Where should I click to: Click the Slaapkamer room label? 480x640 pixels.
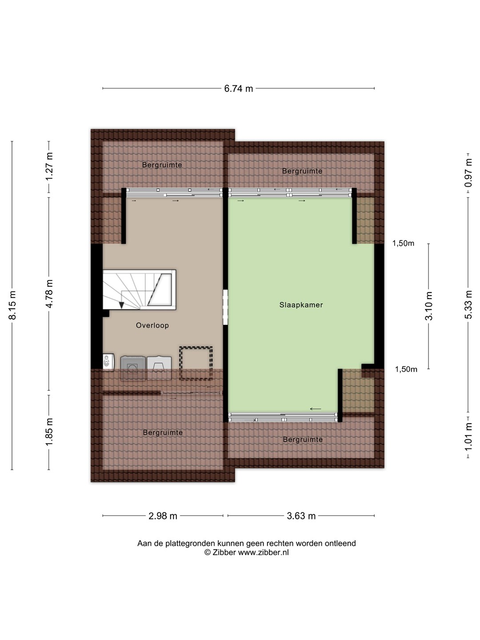(301, 305)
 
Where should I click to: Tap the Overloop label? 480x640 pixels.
(152, 325)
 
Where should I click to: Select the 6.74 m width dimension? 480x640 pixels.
(238, 88)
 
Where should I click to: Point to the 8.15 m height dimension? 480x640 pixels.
(12, 305)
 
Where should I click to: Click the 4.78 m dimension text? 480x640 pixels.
(49, 294)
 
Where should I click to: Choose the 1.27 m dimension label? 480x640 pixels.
(49, 166)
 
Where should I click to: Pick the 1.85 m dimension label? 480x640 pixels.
(49, 432)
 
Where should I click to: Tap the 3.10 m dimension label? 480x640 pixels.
(429, 306)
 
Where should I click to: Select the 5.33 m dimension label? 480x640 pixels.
(468, 304)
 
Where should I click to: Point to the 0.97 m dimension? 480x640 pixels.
(468, 173)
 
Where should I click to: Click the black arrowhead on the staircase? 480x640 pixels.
(121, 305)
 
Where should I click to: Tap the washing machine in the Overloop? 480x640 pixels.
(133, 368)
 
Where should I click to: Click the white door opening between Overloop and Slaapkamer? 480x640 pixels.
(225, 307)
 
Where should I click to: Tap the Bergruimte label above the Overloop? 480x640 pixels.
(162, 165)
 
